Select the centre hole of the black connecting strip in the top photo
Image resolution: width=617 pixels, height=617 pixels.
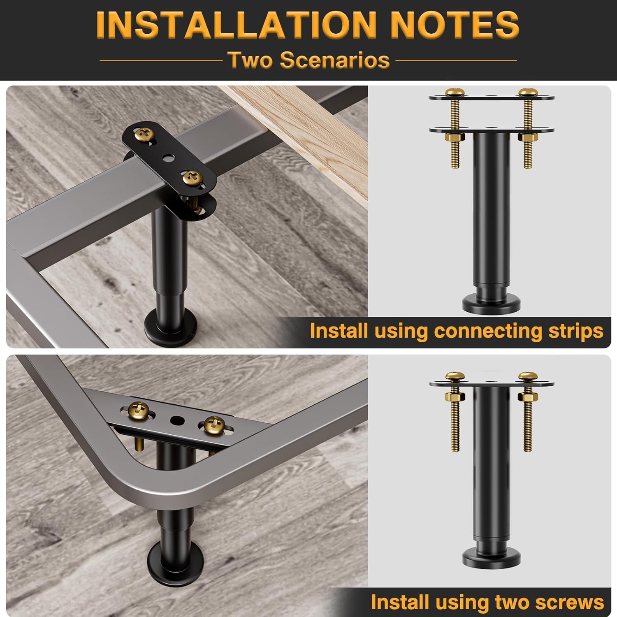[x=168, y=157]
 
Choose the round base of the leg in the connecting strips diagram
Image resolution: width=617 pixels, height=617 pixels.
[x=489, y=303]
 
